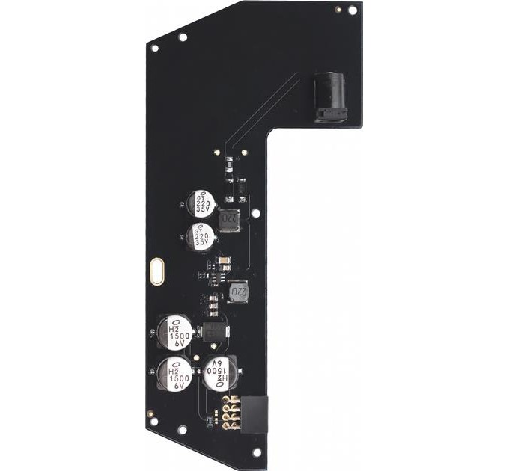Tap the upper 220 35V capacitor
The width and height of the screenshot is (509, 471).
[201, 202]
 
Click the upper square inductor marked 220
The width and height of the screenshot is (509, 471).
[231, 220]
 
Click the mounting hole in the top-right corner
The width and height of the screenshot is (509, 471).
[352, 10]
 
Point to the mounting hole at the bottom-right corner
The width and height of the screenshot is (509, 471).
[256, 452]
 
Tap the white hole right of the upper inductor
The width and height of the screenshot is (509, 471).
[256, 213]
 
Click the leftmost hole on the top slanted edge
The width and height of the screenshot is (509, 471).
[155, 49]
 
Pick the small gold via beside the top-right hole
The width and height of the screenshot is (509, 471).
[338, 9]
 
